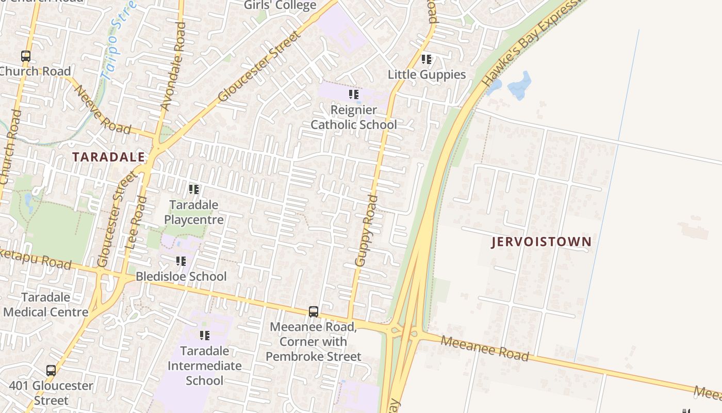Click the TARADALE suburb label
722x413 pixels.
pos(108,157)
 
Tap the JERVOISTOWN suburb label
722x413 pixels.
pos(541,242)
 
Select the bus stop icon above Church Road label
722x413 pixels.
pos(26,56)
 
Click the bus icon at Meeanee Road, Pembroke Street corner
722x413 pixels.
pos(314,312)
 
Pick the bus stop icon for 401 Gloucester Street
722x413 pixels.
pos(51,370)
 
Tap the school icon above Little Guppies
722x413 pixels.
pos(426,59)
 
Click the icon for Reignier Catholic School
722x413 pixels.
pos(353,94)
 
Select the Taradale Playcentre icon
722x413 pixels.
pos(194,189)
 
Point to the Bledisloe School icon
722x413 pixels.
pos(180,261)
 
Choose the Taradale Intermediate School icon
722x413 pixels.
pos(205,336)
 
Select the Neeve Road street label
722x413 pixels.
pos(103,109)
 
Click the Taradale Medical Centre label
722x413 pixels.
pos(46,305)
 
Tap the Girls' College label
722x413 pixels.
pos(280,6)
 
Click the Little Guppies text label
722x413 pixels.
pos(426,74)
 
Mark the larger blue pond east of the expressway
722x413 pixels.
pos(520,86)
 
